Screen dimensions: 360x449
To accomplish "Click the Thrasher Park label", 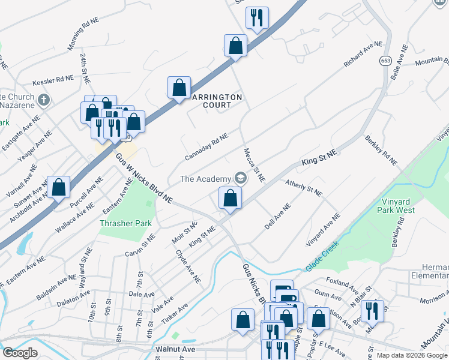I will pos(125,223).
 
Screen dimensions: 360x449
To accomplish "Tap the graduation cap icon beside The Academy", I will pos(241,178).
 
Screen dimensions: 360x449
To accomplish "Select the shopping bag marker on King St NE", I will pos(230,198).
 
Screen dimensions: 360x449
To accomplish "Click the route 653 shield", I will pos(385,61).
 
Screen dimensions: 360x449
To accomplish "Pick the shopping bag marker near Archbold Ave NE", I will pos(59,187).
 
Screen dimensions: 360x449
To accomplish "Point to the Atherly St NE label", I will pos(304,188).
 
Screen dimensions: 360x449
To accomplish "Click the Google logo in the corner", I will pos(20,353).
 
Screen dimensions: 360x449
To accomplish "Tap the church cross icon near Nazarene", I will pos(43,100).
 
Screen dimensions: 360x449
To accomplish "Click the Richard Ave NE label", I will pos(363,54).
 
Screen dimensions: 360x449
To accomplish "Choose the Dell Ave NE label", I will pos(278,216).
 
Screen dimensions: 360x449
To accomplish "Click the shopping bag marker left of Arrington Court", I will pos(179,88).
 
